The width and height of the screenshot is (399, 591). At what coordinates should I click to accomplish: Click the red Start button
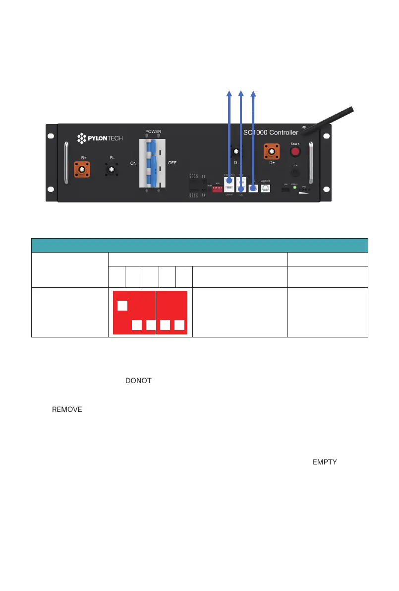coord(295,151)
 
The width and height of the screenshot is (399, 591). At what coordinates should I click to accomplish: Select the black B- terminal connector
coord(113,170)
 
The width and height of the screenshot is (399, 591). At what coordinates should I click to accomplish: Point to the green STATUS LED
coord(295,188)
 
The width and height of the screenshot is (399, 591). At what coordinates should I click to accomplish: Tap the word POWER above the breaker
coord(153,131)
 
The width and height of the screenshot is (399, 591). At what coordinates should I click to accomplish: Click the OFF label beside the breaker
coord(173,163)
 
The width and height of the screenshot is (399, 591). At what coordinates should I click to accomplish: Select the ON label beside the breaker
coord(134,163)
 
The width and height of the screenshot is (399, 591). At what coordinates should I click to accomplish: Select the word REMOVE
coord(67,410)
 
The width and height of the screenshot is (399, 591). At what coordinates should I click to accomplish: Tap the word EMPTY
coord(325,462)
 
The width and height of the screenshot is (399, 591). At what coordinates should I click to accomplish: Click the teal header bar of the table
coord(200,245)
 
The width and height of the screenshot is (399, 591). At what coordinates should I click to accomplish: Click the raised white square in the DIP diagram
coord(123,305)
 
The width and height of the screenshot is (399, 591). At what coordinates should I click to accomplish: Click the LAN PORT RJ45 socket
coord(266,189)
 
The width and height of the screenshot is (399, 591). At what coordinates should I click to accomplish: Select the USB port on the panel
coord(286,190)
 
